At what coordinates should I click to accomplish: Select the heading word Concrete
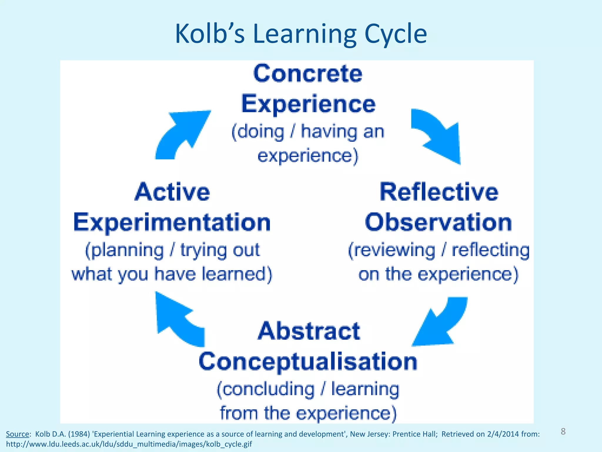click(308, 74)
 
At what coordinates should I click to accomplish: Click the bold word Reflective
click(439, 192)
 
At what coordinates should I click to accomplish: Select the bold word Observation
click(438, 222)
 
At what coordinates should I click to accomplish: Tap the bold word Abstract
click(309, 331)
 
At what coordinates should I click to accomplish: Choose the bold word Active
click(172, 192)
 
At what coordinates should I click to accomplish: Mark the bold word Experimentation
click(172, 222)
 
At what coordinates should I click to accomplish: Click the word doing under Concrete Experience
click(259, 132)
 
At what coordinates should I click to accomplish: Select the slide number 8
click(563, 431)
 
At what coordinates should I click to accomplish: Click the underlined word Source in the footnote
click(17, 434)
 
